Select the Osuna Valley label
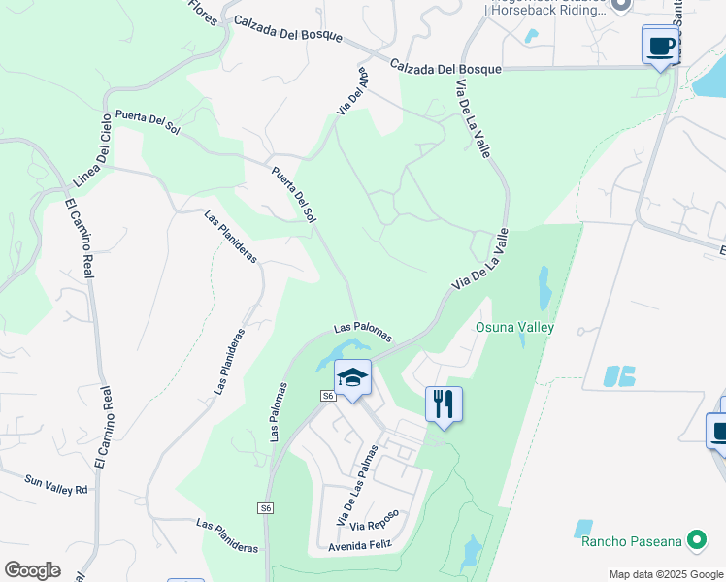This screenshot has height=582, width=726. tap(514, 327)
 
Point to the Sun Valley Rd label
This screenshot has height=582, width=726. tap(56, 482)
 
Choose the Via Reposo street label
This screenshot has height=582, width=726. tap(375, 520)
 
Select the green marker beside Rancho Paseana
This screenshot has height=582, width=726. tap(696, 539)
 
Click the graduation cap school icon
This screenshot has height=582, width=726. tap(353, 376)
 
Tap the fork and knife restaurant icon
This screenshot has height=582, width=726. tap(444, 404)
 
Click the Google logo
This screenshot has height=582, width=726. tap(32, 569)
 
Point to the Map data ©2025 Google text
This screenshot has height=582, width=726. tap(666, 574)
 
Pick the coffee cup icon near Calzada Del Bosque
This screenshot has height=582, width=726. tap(660, 45)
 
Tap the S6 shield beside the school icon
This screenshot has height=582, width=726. tap(328, 396)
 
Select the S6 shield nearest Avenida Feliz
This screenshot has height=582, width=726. tap(266, 508)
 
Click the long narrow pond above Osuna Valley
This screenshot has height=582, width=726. tap(544, 288)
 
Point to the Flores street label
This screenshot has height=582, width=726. tap(203, 12)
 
